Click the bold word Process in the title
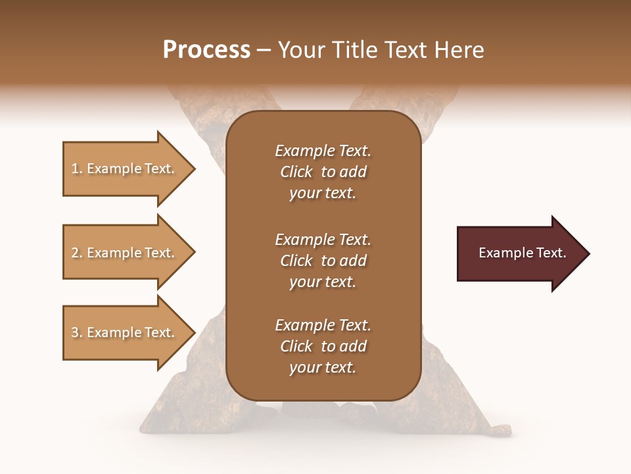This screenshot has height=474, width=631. pyautogui.click(x=206, y=50)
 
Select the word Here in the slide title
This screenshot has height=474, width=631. pyautogui.click(x=459, y=50)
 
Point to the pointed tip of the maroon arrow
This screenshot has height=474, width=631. pyautogui.click(x=588, y=253)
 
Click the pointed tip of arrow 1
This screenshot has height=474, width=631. pyautogui.click(x=193, y=169)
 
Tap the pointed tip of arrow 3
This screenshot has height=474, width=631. pyautogui.click(x=193, y=332)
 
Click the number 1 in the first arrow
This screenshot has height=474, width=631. pyautogui.click(x=75, y=169)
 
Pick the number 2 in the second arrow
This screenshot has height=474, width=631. pyautogui.click(x=75, y=253)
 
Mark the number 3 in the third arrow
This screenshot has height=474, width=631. pyautogui.click(x=75, y=332)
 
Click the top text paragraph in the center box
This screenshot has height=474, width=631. pyautogui.click(x=323, y=172)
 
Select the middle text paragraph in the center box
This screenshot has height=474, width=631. pyautogui.click(x=323, y=261)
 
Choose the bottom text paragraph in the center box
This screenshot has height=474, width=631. pyautogui.click(x=323, y=346)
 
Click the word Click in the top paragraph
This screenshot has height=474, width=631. pyautogui.click(x=296, y=172)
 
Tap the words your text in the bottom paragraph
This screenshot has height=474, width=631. pyautogui.click(x=323, y=368)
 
